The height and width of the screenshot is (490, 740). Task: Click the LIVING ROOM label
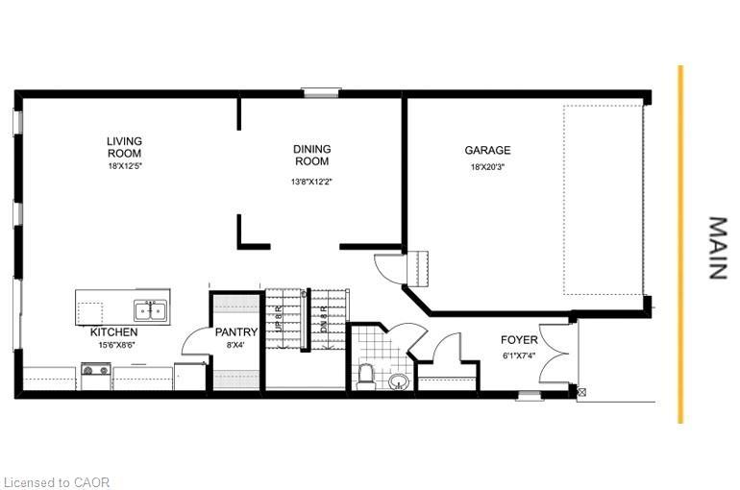(124, 147)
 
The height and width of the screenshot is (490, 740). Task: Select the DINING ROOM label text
(311, 155)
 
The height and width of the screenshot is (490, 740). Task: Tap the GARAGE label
(487, 151)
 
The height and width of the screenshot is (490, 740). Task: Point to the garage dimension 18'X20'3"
(487, 166)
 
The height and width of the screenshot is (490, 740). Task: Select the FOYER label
(518, 340)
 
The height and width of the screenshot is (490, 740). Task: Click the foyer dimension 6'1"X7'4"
(518, 355)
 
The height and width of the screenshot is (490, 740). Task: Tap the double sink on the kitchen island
(149, 310)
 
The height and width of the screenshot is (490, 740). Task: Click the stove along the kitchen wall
(96, 375)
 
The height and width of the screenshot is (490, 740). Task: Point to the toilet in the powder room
(365, 375)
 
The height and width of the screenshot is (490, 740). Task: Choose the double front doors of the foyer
(555, 353)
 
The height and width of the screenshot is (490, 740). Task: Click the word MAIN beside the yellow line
(717, 248)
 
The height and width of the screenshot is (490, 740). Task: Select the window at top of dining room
(320, 92)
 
